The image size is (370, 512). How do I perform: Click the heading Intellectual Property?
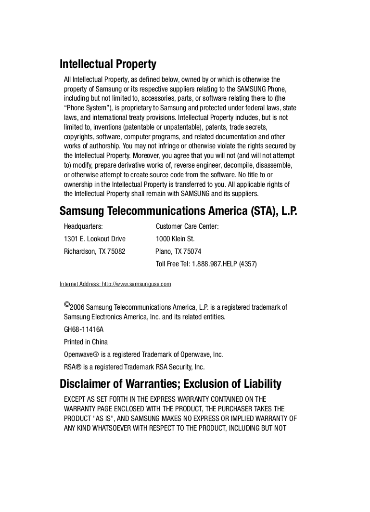click(x=108, y=64)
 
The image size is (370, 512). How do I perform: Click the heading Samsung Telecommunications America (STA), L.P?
click(x=178, y=211)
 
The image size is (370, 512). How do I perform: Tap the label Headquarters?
click(x=83, y=226)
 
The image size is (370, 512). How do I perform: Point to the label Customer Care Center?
click(x=187, y=226)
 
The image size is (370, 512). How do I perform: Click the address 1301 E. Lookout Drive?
click(x=95, y=239)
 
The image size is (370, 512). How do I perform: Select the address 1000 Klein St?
click(x=175, y=239)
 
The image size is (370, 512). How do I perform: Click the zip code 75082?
click(x=117, y=251)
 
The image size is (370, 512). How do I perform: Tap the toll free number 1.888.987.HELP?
click(x=214, y=264)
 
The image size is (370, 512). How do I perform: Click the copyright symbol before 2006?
click(x=67, y=304)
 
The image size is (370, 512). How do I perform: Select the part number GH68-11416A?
click(x=84, y=329)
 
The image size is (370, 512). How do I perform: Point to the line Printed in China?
click(x=86, y=342)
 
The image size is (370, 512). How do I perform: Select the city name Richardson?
click(x=79, y=251)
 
